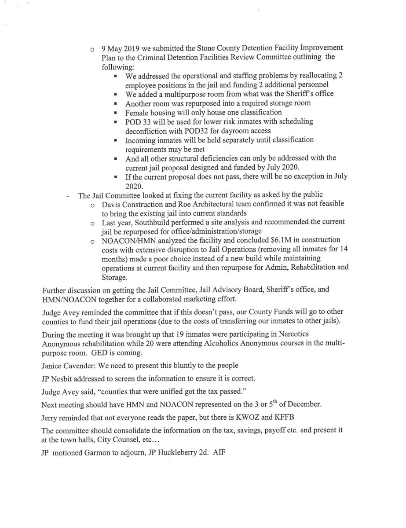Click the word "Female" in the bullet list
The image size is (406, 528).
(138, 112)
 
